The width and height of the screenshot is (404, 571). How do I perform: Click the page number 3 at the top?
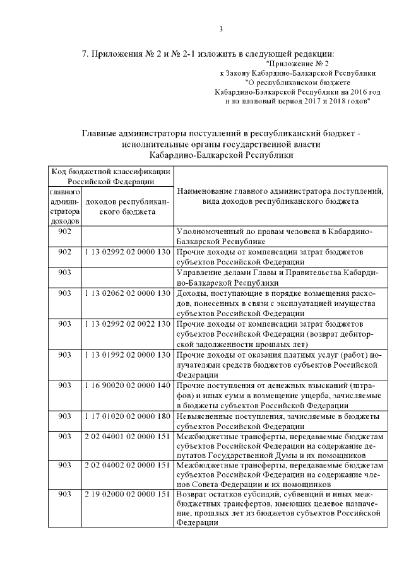(221, 28)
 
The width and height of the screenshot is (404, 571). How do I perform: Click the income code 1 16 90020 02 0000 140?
(128, 385)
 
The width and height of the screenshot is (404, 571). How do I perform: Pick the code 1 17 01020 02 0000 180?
(128, 416)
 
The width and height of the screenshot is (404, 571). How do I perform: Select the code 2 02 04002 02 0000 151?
(128, 465)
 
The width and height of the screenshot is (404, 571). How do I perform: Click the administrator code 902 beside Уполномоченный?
(64, 232)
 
